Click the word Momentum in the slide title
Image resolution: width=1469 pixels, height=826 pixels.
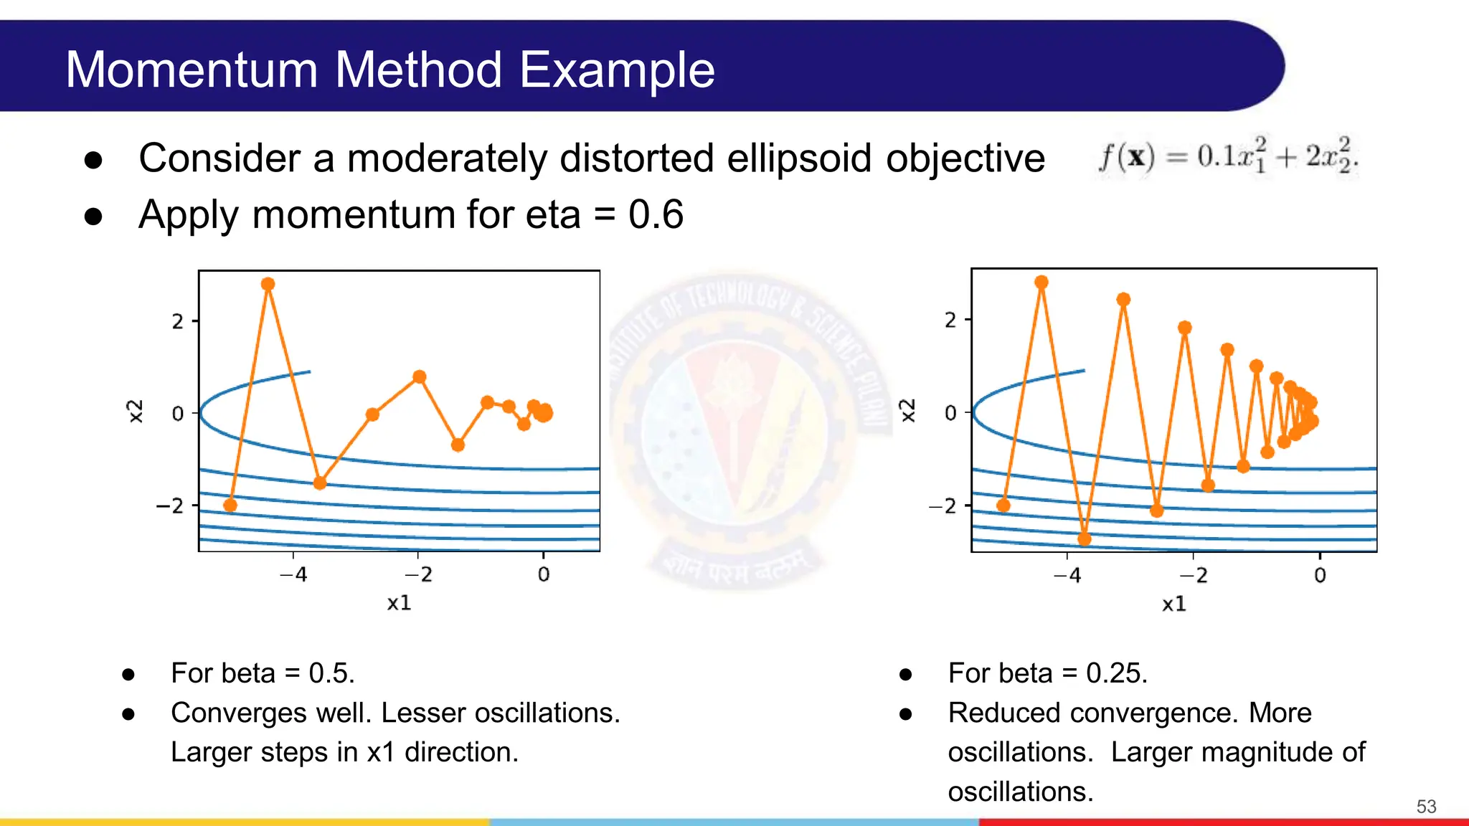(192, 70)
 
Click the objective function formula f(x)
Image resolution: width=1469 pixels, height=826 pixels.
(1227, 156)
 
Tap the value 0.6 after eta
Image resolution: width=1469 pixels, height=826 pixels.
(656, 214)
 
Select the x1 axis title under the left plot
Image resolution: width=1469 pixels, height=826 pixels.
(399, 603)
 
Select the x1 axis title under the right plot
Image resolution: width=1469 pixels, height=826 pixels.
(1173, 604)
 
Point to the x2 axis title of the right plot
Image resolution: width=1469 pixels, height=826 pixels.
(908, 411)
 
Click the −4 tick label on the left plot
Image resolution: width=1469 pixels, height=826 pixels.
(293, 574)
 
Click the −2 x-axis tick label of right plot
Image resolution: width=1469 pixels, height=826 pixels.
(1194, 576)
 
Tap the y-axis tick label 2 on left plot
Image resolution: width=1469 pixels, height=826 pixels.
(177, 321)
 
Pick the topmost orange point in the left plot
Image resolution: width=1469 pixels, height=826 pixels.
(268, 284)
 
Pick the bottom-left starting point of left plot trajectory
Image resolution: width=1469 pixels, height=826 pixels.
(230, 505)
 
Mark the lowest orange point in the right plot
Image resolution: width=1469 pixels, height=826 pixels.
(1085, 538)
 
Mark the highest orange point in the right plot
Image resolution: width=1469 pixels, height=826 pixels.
(1041, 282)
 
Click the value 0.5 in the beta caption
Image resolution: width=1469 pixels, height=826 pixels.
(331, 673)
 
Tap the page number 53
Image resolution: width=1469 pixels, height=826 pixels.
(1426, 807)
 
